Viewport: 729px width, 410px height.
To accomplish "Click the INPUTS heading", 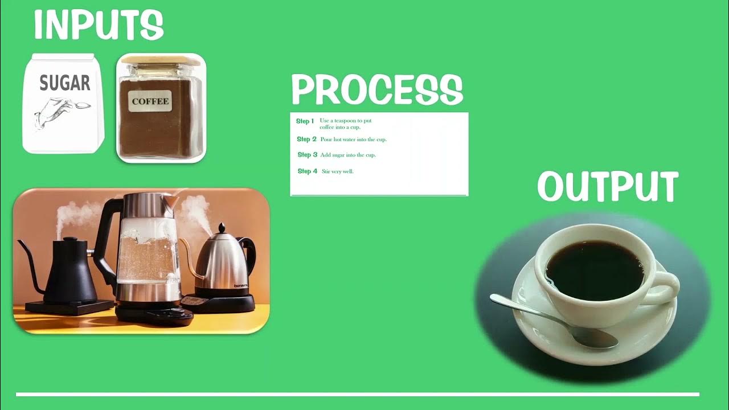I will coord(99,25).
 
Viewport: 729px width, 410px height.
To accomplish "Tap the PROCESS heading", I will coord(377,90).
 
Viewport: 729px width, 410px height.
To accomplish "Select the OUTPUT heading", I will coord(608,187).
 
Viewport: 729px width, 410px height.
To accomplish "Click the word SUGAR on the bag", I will coord(65,83).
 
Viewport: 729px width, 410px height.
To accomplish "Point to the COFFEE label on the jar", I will coord(150,102).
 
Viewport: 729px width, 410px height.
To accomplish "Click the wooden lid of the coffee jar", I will coord(161,59).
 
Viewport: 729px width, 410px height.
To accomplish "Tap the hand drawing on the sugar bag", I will coord(57,114).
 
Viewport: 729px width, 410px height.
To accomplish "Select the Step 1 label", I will coord(305,121).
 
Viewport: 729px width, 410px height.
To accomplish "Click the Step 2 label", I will coord(306,140).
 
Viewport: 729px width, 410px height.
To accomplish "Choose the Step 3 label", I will coord(308,155).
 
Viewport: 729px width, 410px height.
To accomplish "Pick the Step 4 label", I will coord(308,171).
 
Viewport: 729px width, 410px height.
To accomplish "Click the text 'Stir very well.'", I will coord(338,171).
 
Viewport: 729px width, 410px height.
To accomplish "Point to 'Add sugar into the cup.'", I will coord(348,155).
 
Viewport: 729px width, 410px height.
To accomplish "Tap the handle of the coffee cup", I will coord(666,288).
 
